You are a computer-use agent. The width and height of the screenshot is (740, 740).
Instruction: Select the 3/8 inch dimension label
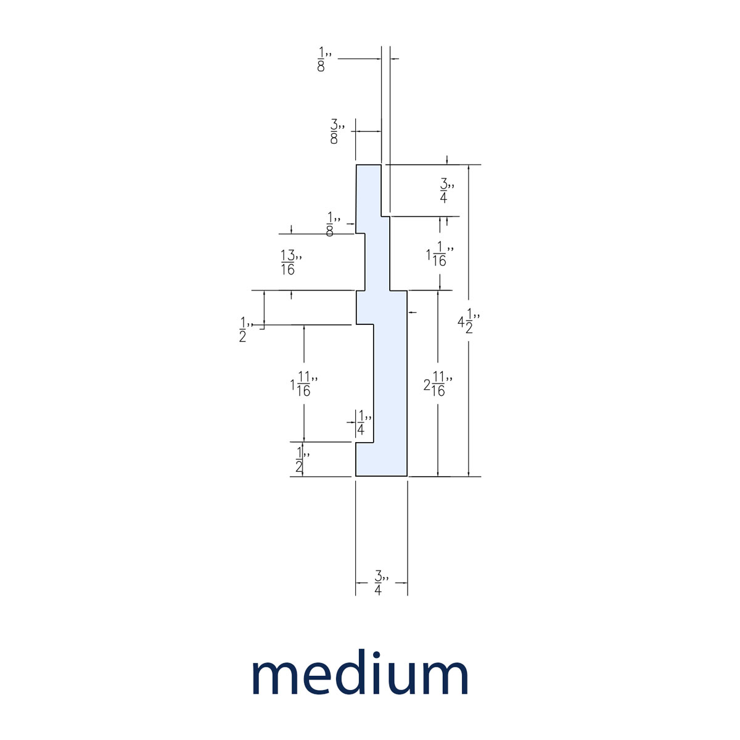click(337, 131)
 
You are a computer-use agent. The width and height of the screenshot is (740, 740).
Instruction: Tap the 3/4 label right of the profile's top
click(446, 191)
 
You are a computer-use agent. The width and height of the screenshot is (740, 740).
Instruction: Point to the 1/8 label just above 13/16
click(333, 224)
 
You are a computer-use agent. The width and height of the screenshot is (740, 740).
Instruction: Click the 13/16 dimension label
click(291, 263)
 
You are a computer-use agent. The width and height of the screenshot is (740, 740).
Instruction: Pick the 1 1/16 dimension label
click(439, 254)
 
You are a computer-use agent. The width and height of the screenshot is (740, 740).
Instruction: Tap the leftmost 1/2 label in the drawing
click(245, 329)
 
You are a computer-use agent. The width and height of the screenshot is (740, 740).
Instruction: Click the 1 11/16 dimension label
click(303, 384)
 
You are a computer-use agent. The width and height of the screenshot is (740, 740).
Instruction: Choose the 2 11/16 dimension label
click(437, 384)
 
